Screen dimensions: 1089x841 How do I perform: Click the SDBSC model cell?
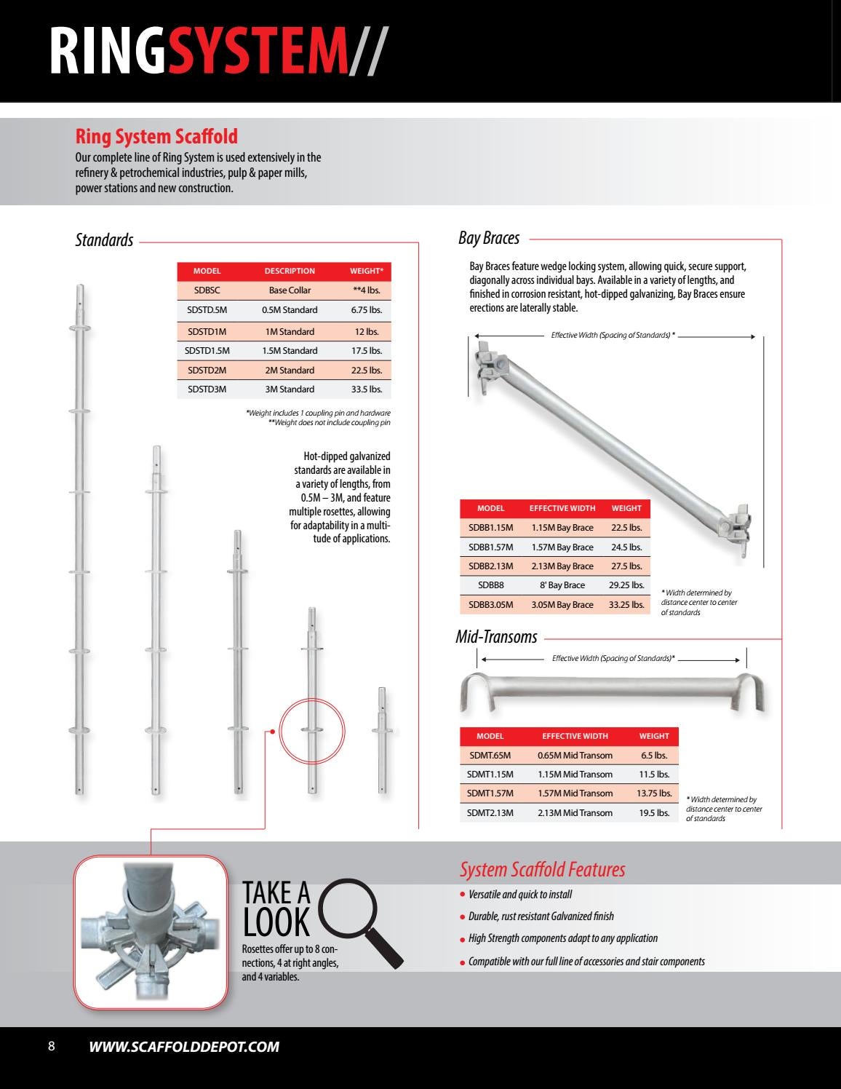[207, 290]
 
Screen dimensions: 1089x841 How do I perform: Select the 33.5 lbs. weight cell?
[366, 389]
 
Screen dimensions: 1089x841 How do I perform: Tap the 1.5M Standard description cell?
[290, 351]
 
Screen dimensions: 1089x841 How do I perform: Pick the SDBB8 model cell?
[490, 585]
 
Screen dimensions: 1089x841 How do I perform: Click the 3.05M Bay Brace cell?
[562, 605]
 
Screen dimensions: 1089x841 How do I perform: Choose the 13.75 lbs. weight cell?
[653, 793]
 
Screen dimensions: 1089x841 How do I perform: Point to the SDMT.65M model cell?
[490, 756]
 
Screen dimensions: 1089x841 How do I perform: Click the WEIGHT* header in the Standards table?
[366, 271]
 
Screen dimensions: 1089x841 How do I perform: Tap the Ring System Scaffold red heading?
[156, 137]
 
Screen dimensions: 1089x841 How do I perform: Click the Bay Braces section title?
[489, 238]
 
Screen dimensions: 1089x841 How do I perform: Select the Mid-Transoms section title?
[496, 637]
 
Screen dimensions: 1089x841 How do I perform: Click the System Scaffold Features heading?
[542, 869]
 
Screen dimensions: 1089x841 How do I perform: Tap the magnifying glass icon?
[360, 920]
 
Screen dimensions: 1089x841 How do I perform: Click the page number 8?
[51, 1047]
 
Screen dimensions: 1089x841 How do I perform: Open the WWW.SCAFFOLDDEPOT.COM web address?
[184, 1047]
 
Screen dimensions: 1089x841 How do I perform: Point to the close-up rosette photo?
[151, 932]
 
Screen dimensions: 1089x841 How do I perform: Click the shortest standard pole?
[382, 739]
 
